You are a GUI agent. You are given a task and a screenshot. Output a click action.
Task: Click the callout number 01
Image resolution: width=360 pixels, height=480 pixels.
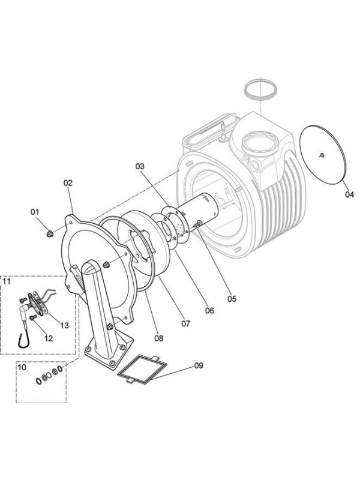point(35,212)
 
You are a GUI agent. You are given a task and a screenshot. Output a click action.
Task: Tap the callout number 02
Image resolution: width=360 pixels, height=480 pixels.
point(68,183)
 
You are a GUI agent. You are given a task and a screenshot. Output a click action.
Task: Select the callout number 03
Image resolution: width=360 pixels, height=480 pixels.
point(140,166)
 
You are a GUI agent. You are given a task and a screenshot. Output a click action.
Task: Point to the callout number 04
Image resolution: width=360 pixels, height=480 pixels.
point(349,194)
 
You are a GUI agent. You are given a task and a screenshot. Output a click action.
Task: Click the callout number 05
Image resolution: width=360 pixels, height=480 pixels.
point(232,298)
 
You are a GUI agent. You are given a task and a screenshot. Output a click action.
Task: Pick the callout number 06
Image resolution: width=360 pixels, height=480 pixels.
point(209,310)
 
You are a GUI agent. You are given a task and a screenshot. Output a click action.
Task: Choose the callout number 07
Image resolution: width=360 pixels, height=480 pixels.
point(185,323)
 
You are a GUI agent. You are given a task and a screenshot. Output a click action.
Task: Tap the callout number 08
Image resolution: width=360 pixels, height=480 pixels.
point(158,338)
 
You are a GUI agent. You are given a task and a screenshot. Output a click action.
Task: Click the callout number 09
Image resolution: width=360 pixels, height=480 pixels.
point(199,365)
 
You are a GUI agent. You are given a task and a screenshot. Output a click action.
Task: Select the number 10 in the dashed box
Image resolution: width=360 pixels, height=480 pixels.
point(22,367)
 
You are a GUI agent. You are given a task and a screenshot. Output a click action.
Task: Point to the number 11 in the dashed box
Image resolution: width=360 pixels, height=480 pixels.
point(7,281)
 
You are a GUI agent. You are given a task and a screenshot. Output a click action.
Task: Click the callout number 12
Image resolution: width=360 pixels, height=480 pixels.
point(49,338)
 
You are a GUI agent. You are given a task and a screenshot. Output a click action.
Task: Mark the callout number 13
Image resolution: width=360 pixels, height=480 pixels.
point(64,325)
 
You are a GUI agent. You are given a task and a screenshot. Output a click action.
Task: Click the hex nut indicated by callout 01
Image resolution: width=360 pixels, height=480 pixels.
point(49,234)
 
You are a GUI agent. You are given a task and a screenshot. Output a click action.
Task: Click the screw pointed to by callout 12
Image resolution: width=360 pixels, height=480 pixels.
point(32,318)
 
